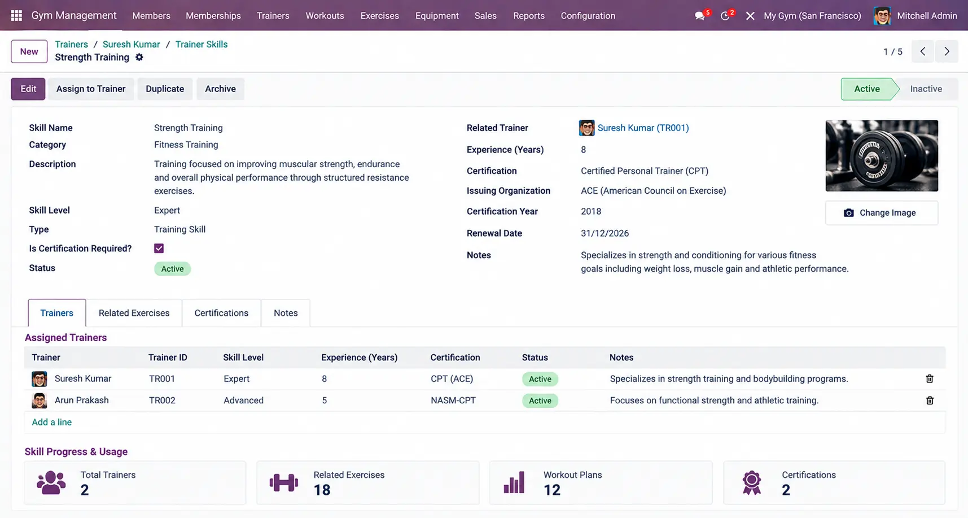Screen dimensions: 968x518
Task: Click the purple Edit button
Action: [28, 89]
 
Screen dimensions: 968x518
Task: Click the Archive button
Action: [220, 89]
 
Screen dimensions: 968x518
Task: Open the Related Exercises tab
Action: [134, 313]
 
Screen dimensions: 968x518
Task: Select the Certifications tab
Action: [221, 313]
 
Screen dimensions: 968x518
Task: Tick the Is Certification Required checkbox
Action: [159, 249]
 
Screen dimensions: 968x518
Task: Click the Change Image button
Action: [882, 213]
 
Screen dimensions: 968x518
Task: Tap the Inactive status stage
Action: [926, 89]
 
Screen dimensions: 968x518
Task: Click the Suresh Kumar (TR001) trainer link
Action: [643, 128]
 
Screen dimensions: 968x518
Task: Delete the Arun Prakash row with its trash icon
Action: [930, 401]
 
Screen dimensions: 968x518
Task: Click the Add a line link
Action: [52, 422]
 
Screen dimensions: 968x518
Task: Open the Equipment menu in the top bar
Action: [437, 16]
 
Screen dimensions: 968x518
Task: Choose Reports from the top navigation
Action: [529, 16]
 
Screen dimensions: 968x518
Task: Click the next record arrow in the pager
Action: [947, 51]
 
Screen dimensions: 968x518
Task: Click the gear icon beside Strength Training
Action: [139, 57]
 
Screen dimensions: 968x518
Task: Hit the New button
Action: [29, 51]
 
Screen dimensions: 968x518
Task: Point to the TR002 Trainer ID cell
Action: [162, 401]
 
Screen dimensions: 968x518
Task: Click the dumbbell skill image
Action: [882, 155]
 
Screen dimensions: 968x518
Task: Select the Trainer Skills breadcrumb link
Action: [202, 44]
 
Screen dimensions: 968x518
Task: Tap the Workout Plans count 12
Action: [552, 490]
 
